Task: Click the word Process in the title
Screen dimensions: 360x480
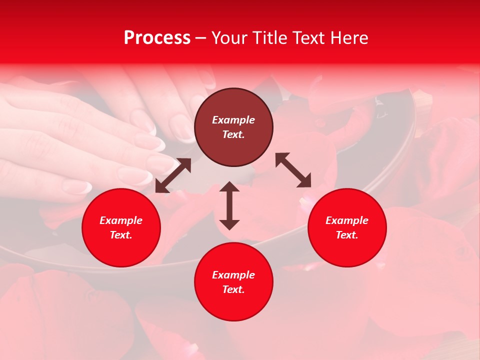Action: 157,38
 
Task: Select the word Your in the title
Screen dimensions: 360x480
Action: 229,38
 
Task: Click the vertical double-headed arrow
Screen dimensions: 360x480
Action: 229,205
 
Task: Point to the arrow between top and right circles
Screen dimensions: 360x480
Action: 293,170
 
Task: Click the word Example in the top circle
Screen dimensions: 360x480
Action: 233,120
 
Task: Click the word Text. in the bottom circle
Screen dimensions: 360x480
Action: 233,289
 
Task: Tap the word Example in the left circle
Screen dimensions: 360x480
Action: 121,220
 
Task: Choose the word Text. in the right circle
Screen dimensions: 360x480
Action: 347,235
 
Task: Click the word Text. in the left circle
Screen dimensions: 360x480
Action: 121,235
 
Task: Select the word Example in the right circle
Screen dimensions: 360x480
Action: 347,220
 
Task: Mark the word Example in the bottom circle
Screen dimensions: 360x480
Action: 233,275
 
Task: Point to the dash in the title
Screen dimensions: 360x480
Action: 201,38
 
